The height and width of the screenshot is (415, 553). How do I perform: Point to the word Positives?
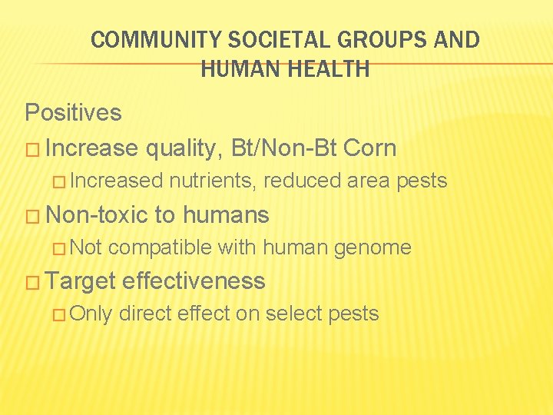[73, 113]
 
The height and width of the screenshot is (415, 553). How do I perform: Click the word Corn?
[370, 148]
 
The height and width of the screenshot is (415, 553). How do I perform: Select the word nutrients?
[214, 181]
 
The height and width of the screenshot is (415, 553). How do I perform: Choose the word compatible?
[161, 247]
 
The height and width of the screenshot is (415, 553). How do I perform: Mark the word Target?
[81, 281]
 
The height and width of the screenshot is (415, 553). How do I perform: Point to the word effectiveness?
[194, 281]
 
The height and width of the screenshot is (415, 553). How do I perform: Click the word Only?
[94, 314]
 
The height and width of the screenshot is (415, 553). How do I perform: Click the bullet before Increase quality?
[32, 148]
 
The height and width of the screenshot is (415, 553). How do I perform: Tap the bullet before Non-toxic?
[32, 214]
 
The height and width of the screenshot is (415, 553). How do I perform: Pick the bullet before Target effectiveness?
[32, 281]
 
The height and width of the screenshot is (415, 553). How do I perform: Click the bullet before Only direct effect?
[64, 314]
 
